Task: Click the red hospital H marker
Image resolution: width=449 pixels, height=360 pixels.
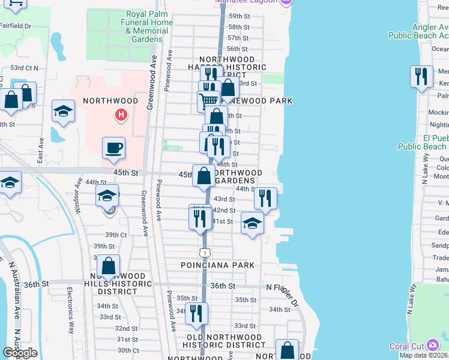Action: coord(121,114)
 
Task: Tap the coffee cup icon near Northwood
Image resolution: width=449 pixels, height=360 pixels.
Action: coord(113,148)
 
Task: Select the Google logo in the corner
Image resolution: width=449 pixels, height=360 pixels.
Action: coord(19,353)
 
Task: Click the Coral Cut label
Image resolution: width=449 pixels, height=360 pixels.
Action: coord(406,346)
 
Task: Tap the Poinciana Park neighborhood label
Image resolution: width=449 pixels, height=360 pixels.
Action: coord(218,265)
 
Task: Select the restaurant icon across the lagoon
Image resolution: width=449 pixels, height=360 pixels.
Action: coord(422,77)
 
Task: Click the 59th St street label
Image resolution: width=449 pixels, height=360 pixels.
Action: coord(238,16)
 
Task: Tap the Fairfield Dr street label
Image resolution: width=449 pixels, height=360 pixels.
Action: coord(16,26)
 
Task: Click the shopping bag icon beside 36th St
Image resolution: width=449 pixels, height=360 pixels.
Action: coord(108,266)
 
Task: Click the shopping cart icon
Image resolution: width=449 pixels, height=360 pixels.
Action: coord(208,100)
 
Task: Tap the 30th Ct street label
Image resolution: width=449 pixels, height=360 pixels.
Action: coord(128,350)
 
